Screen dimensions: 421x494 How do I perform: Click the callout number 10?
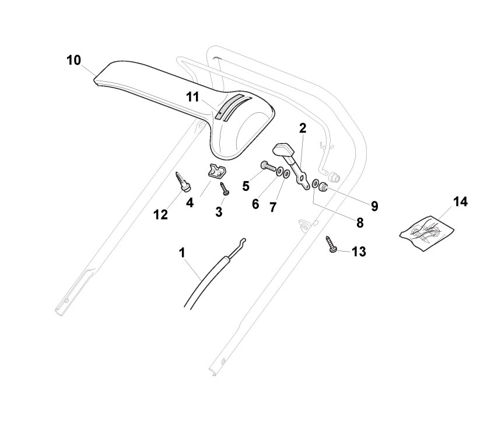click(73, 60)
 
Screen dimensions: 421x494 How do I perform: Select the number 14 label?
click(460, 202)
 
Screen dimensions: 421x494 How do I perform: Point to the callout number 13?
click(359, 252)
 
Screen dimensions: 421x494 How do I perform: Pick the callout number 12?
click(160, 214)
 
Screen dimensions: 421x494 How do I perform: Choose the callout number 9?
click(374, 206)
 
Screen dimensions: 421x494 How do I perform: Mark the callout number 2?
click(303, 128)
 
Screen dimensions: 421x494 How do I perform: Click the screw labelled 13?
click(331, 243)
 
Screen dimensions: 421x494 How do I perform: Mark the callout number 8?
click(359, 222)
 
